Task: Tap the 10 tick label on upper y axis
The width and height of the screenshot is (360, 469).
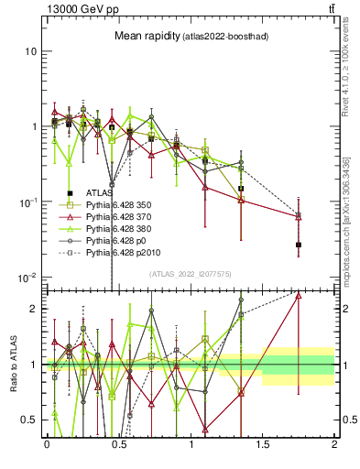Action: coord(29,51)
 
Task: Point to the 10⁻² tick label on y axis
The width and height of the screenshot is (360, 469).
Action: coord(27,278)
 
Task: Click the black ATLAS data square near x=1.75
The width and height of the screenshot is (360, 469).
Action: coord(299,245)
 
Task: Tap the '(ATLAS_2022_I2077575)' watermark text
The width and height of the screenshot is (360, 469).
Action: coord(191,274)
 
